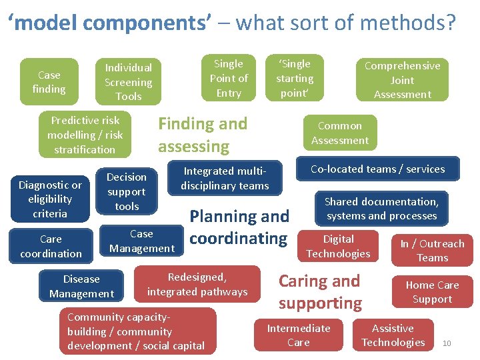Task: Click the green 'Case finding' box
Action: (49, 82)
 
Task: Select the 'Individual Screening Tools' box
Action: (128, 82)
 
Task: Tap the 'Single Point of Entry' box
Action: (229, 78)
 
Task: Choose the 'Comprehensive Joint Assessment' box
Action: (402, 80)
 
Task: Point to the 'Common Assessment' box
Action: (340, 133)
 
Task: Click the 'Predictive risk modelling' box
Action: (85, 135)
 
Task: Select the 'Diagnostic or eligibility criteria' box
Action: (51, 199)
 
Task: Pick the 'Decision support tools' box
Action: (127, 191)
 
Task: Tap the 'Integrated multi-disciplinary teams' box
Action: (225, 178)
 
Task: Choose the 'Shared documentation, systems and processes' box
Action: (381, 208)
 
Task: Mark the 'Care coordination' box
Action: (51, 246)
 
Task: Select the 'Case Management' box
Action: (141, 241)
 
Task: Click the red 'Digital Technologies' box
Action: (338, 246)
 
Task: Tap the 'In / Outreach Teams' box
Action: (432, 251)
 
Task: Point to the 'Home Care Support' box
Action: (432, 292)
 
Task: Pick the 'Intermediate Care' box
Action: (299, 335)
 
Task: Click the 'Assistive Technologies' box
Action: (393, 335)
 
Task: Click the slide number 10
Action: (447, 343)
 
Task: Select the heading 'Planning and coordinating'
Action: (239, 227)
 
